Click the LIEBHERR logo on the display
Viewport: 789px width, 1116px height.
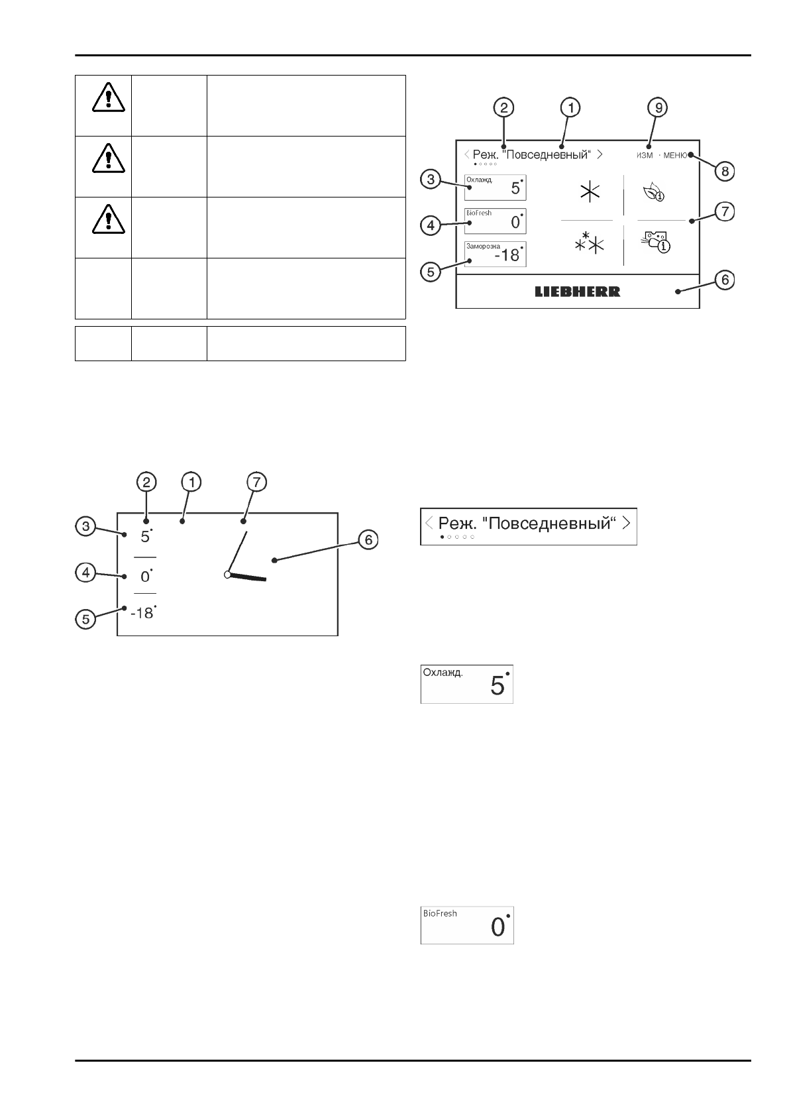point(578,292)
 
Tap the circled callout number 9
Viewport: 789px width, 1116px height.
point(658,107)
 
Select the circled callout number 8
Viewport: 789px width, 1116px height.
point(725,171)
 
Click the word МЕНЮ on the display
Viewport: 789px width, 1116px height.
point(675,155)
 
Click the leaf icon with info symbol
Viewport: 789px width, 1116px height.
point(654,193)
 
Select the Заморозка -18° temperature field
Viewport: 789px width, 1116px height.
point(496,254)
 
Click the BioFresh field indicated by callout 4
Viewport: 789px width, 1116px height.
point(496,221)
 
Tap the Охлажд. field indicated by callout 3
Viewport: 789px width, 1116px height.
point(496,188)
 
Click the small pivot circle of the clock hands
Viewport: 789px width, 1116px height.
point(227,575)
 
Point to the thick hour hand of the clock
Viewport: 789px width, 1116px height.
point(248,577)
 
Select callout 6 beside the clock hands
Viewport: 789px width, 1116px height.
point(368,541)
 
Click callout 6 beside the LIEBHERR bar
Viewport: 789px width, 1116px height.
point(725,280)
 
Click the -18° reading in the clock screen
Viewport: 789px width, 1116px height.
point(142,613)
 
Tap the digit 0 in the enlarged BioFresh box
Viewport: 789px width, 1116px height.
point(498,928)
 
